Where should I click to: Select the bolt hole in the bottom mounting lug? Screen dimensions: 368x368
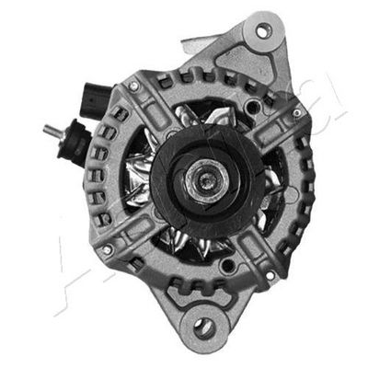pos(204,326)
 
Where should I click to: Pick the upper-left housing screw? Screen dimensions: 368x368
pos(134,86)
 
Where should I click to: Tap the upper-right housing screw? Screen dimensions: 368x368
pos(295,113)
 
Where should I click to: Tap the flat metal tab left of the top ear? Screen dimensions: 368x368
pos(195,40)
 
